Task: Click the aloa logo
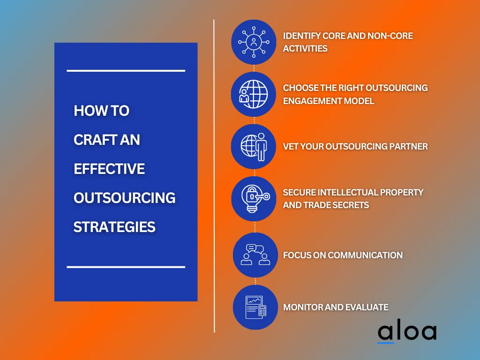[x=406, y=332]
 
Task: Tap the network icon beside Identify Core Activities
[x=254, y=42]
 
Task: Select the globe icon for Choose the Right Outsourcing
[x=254, y=94]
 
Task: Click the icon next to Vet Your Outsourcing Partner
[x=254, y=146]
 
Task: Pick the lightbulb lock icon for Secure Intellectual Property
[x=254, y=199]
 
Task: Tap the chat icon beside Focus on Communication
[x=255, y=255]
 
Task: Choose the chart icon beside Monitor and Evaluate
[x=255, y=307]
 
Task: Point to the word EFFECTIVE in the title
[x=109, y=169]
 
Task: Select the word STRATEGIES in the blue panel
[x=114, y=227]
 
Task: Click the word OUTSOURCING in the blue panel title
[x=124, y=198]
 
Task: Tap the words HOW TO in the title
[x=101, y=111]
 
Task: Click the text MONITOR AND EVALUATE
[x=336, y=307]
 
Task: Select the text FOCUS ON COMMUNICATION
[x=343, y=255]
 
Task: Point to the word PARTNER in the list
[x=407, y=146]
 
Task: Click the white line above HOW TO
[x=126, y=71]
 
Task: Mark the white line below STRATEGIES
[x=126, y=267]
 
